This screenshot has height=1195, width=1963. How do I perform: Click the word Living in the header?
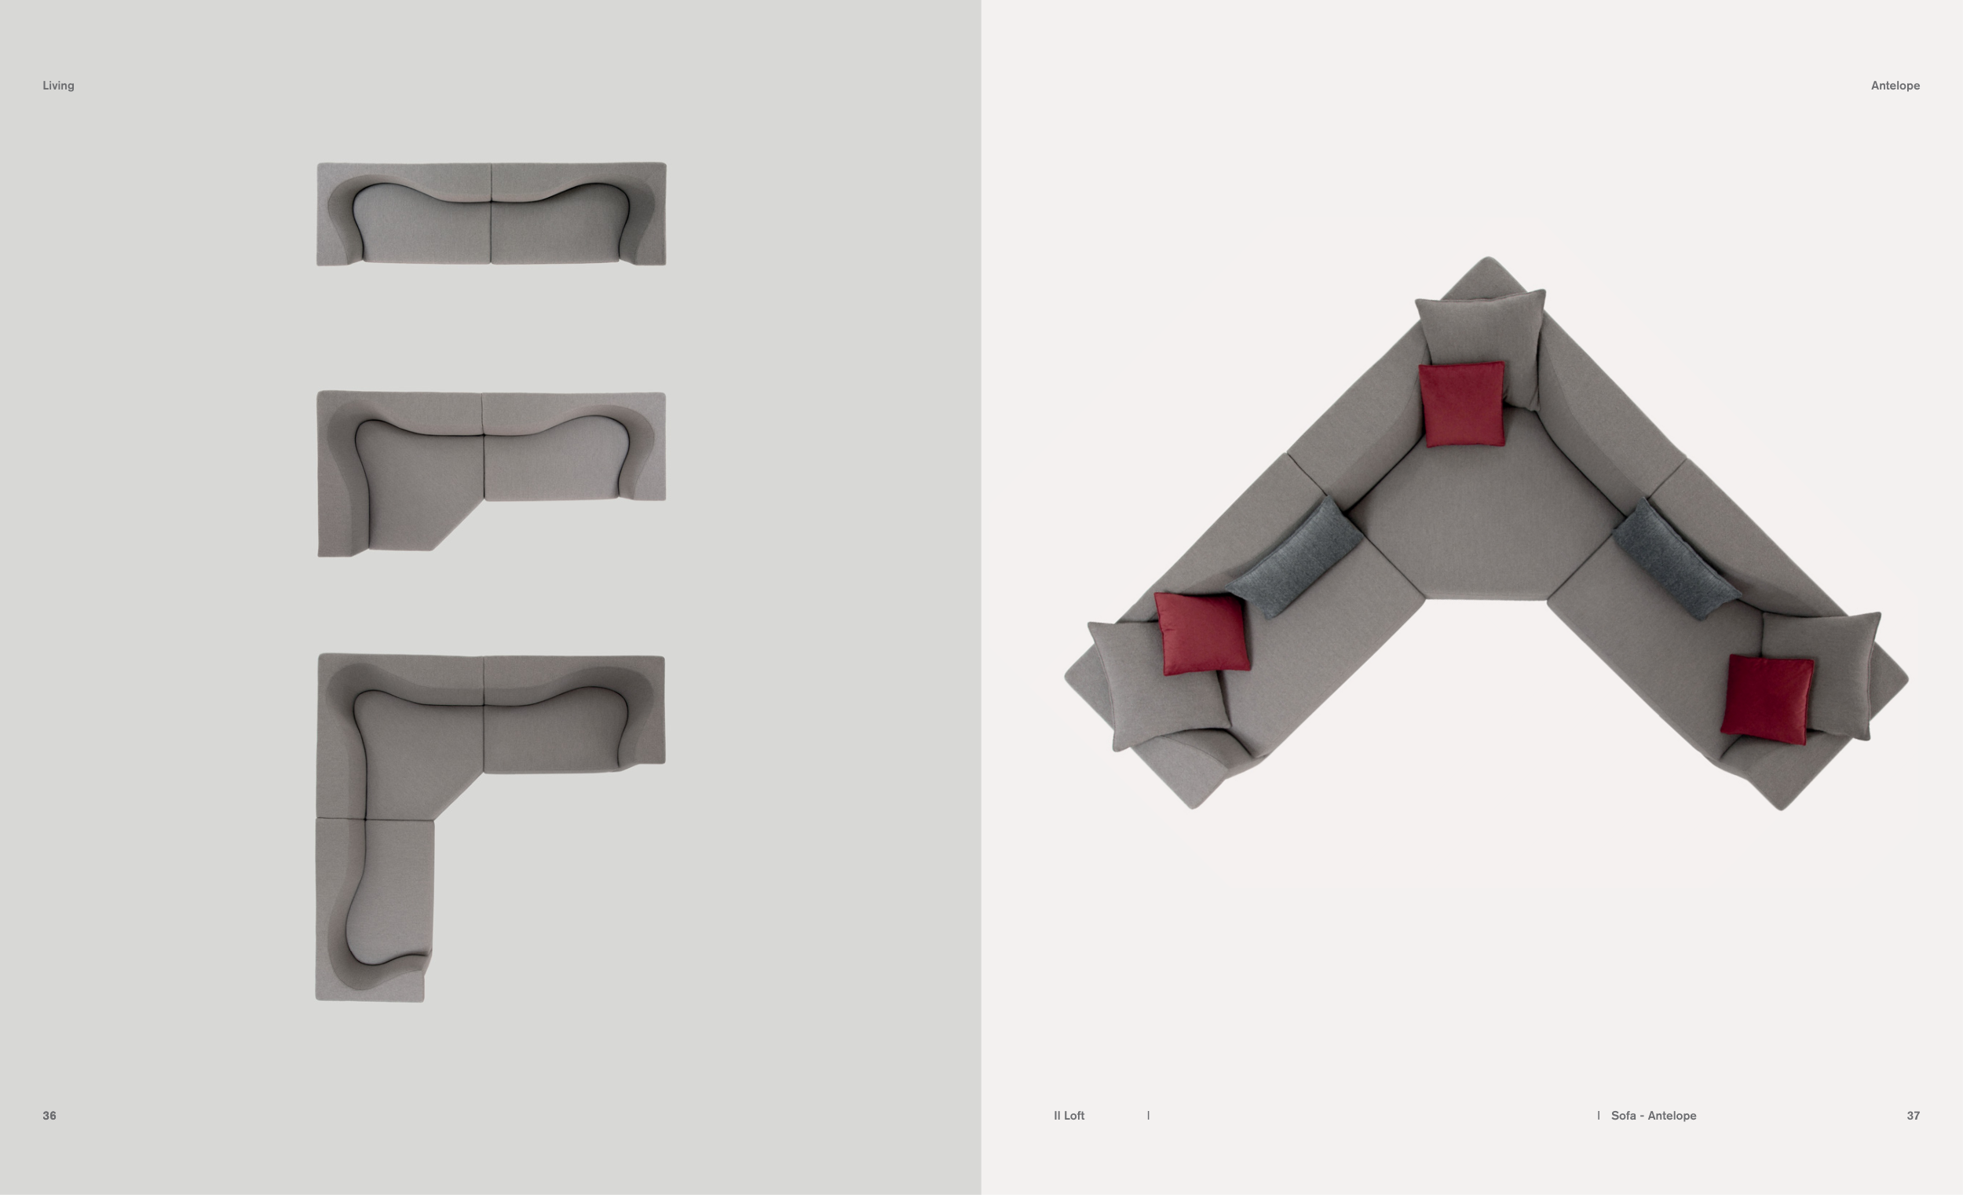(x=58, y=86)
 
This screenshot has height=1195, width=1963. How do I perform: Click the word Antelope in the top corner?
(x=1895, y=86)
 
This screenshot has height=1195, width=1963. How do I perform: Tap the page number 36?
(x=49, y=1116)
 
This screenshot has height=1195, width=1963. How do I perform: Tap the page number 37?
(x=1913, y=1116)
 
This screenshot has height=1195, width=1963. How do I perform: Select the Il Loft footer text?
(x=1069, y=1116)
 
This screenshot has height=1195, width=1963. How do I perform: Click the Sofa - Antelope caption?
(x=1653, y=1116)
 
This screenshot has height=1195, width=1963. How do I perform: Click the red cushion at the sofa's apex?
(x=1462, y=404)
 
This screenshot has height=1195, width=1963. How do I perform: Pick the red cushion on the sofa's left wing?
(x=1201, y=634)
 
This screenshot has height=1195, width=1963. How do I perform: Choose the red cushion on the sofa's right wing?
(x=1767, y=700)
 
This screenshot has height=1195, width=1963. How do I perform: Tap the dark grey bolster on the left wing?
(x=1293, y=556)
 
